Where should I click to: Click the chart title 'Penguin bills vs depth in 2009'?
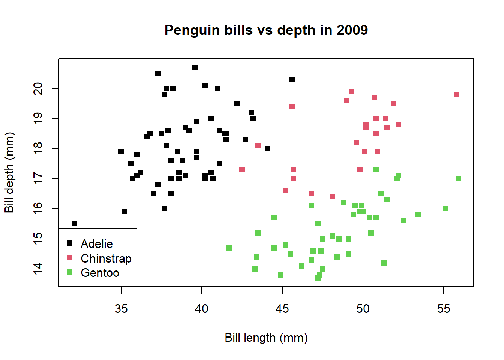click(266, 30)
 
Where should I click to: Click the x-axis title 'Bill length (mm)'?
click(266, 337)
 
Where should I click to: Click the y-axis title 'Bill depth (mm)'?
click(9, 172)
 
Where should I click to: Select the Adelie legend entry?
click(97, 244)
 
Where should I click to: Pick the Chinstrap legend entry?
click(106, 258)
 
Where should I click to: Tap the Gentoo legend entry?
click(100, 273)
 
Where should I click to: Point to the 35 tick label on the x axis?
click(121, 309)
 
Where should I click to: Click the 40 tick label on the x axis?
click(202, 309)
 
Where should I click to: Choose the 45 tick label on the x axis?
click(282, 309)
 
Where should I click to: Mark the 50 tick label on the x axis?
click(363, 309)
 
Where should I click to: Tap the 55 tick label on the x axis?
click(444, 309)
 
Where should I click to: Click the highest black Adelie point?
click(195, 67)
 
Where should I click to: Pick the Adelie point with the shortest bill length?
click(74, 224)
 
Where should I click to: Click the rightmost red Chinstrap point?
click(456, 94)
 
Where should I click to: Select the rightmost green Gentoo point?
click(458, 179)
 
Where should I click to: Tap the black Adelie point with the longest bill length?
click(292, 79)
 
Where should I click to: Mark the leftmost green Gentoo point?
click(229, 248)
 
